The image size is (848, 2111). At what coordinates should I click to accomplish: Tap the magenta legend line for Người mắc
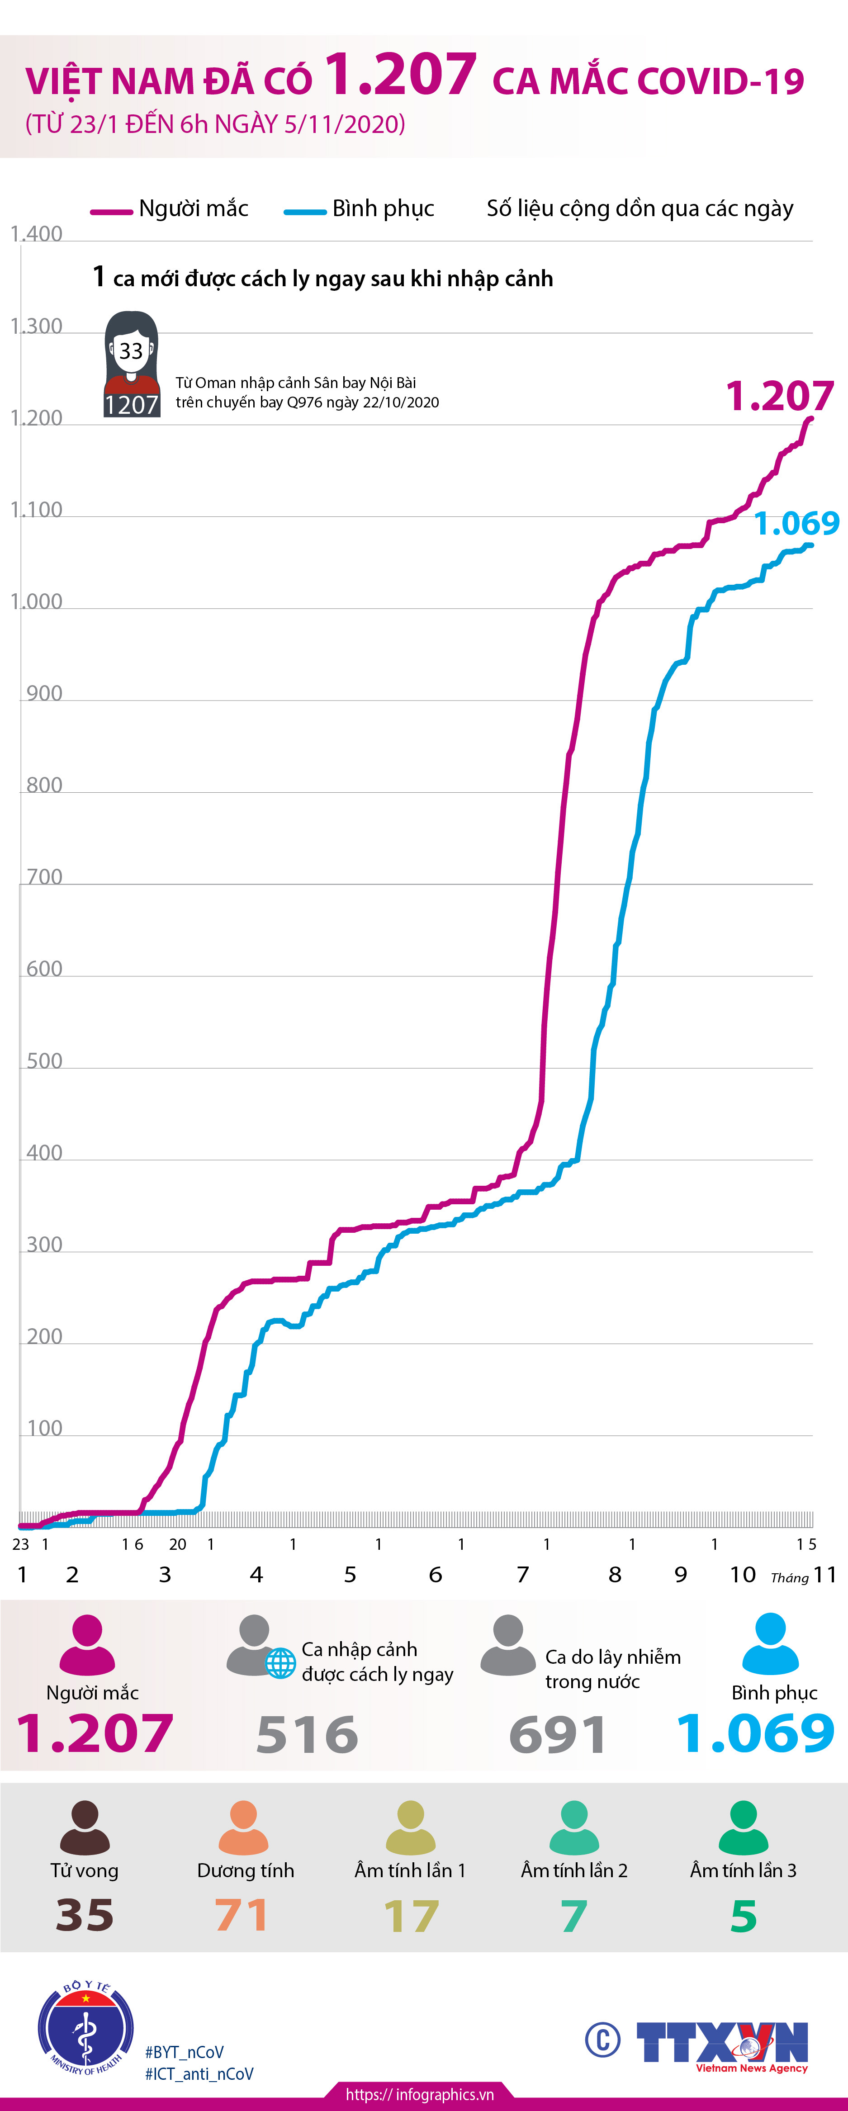(x=111, y=212)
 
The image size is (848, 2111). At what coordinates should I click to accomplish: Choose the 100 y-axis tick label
(x=44, y=1429)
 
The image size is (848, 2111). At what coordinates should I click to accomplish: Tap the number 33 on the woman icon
(x=131, y=351)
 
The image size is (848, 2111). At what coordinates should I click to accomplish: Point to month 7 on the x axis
(x=523, y=1574)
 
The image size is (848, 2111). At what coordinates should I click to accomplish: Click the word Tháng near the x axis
(x=789, y=1577)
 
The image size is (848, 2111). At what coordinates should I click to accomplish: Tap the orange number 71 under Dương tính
(x=242, y=1915)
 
